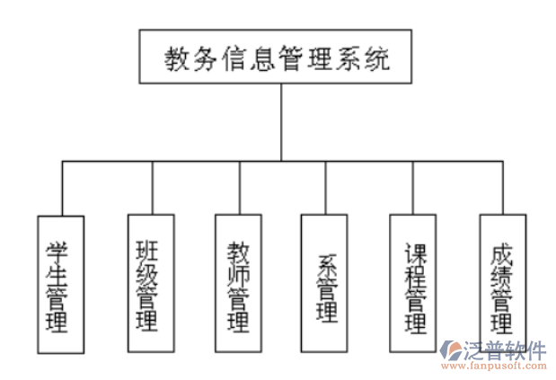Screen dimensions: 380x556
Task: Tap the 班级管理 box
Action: (147, 284)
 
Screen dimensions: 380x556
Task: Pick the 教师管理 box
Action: (238, 284)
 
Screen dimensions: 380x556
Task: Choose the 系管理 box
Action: (325, 284)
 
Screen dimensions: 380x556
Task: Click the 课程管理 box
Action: (413, 284)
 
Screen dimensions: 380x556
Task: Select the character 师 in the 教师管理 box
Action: (238, 271)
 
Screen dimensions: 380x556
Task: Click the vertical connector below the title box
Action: (281, 121)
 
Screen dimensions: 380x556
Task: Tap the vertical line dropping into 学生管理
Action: (62, 188)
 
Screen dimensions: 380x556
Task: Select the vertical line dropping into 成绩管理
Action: (502, 188)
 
